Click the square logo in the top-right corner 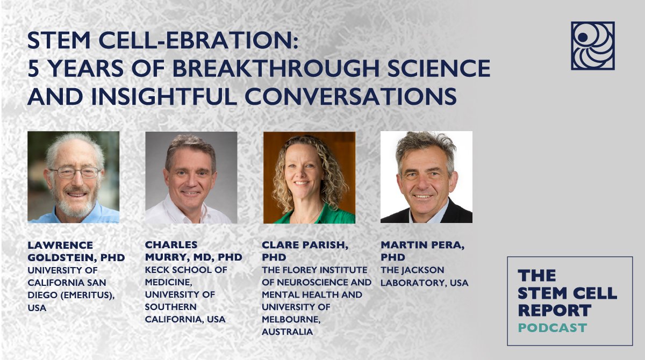point(592,46)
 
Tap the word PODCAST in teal point(553,328)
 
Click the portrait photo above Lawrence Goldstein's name point(74,177)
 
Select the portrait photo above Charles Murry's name point(191,177)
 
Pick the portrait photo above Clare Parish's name point(309,177)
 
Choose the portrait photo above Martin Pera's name point(426,177)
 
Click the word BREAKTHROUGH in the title point(276,68)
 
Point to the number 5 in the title point(33,68)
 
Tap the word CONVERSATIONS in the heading point(350,96)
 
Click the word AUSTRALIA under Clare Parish point(288,332)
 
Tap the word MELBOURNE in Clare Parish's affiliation point(291,319)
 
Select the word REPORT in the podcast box point(555,310)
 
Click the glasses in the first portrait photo point(75,172)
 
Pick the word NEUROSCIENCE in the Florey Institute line point(309,282)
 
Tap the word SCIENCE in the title point(439,68)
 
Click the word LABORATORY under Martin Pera point(413,283)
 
